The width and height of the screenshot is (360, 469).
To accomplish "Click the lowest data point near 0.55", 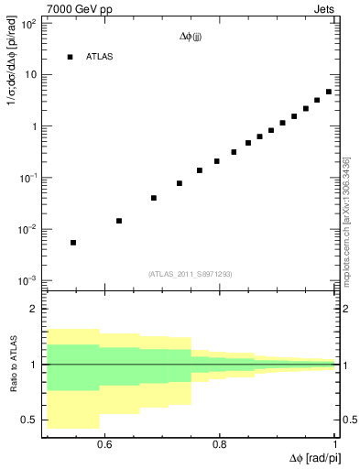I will click(73, 243).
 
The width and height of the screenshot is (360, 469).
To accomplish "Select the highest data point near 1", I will click(329, 92).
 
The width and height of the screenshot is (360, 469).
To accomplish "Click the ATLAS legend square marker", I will click(70, 57).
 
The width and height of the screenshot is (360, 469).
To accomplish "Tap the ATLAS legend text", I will click(101, 57).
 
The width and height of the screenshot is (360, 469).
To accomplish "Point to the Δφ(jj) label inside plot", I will click(191, 37).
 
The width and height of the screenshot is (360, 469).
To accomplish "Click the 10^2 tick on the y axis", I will click(27, 24).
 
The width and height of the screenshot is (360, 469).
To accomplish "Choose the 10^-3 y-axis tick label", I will click(27, 280).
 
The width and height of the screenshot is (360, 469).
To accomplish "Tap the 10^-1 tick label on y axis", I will click(27, 178).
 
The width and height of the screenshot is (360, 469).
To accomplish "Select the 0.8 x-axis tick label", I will click(220, 444).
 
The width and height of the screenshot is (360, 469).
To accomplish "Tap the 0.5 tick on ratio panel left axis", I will click(28, 420).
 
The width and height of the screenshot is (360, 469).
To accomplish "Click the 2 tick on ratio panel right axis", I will click(344, 309).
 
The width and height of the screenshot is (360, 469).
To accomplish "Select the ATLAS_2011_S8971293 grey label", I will click(191, 273).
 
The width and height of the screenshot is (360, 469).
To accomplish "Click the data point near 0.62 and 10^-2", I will click(119, 221).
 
